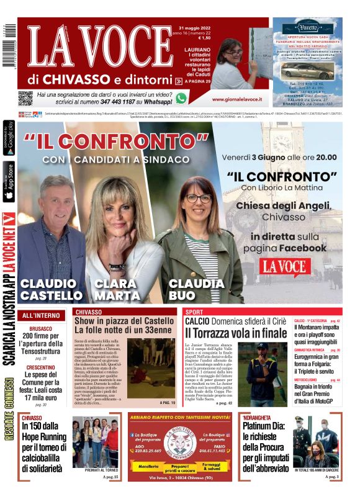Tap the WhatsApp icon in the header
(x=181, y=98)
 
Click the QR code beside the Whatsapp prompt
(x=25, y=98)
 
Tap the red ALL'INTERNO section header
(x=41, y=316)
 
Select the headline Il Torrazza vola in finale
(x=236, y=333)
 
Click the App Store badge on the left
(x=8, y=182)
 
